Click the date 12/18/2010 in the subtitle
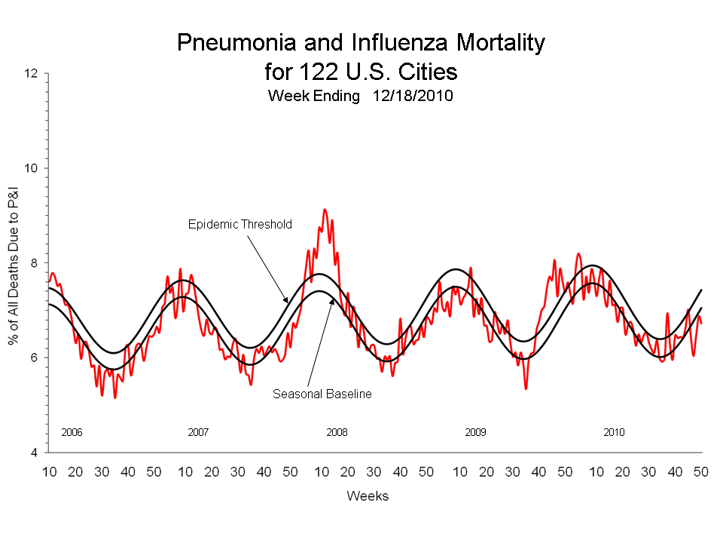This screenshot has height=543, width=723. (x=412, y=97)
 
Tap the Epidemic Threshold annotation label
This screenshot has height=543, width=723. (x=239, y=224)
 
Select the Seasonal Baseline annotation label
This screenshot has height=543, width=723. (x=322, y=394)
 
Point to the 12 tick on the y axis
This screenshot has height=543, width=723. (x=31, y=74)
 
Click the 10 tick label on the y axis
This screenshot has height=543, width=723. (x=31, y=168)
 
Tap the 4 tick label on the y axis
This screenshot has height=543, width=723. (x=33, y=452)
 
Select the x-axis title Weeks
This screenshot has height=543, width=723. (x=368, y=495)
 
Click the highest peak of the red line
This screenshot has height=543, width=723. (x=325, y=210)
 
